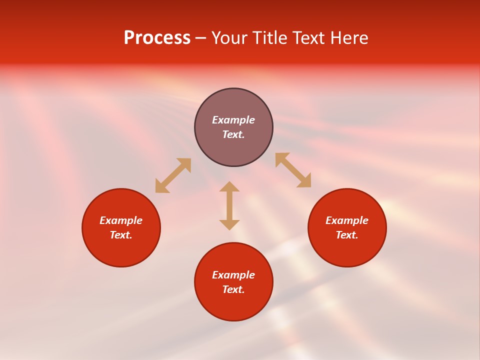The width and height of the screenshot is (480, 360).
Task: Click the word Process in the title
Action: [157, 38]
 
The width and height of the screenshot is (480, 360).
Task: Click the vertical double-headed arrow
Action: [229, 205]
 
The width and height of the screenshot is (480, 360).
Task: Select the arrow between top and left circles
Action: [173, 175]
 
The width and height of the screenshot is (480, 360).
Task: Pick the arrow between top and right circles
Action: [293, 170]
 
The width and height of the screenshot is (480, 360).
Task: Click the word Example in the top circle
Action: [233, 120]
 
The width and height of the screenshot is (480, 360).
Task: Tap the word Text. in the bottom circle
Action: [233, 289]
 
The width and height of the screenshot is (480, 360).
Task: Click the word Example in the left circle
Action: [121, 220]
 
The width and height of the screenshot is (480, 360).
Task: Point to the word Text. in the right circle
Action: [347, 235]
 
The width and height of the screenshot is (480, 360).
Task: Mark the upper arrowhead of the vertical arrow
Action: [229, 187]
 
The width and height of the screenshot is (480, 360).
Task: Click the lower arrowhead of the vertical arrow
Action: [229, 224]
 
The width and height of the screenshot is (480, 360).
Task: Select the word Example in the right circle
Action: [347, 220]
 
